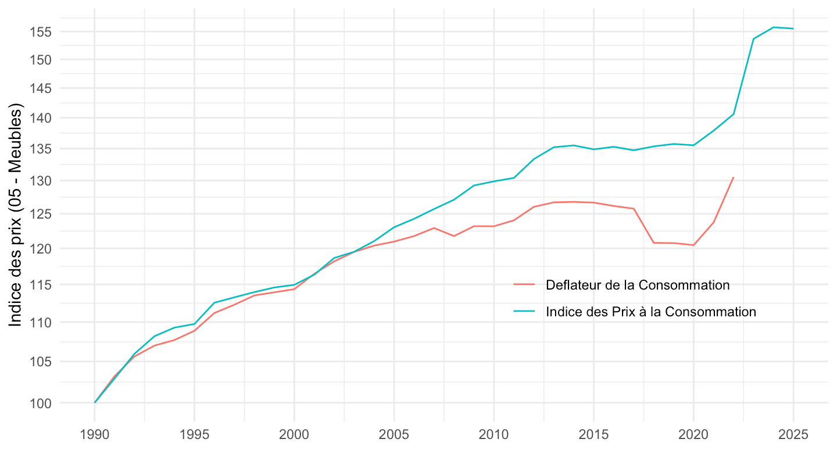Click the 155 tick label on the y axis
41,32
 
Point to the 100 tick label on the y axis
41,403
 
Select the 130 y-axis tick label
41,181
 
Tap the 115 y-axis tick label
41,285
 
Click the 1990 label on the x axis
94,435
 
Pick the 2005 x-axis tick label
394,435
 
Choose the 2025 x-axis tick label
793,435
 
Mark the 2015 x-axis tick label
593,435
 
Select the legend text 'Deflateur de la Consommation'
638,285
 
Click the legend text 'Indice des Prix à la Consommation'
651,312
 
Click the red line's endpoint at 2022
734,177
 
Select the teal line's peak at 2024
774,27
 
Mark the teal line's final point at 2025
793,28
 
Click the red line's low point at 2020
693,245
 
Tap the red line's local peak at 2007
434,228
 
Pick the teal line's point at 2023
753,39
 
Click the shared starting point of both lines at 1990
95,402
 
